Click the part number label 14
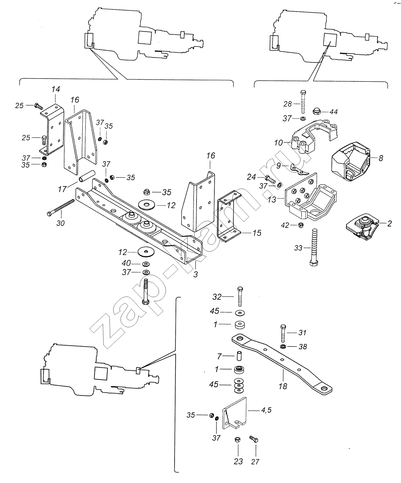tap(56, 89)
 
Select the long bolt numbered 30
tap(61, 207)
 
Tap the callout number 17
tap(62, 189)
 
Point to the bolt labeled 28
tap(304, 101)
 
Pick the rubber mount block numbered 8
tap(351, 161)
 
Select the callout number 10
tap(278, 143)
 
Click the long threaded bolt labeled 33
tap(314, 248)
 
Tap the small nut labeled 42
tap(301, 225)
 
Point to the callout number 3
tap(196, 274)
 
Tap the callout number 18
tap(283, 386)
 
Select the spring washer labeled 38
tap(283, 346)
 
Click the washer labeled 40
tap(146, 263)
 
